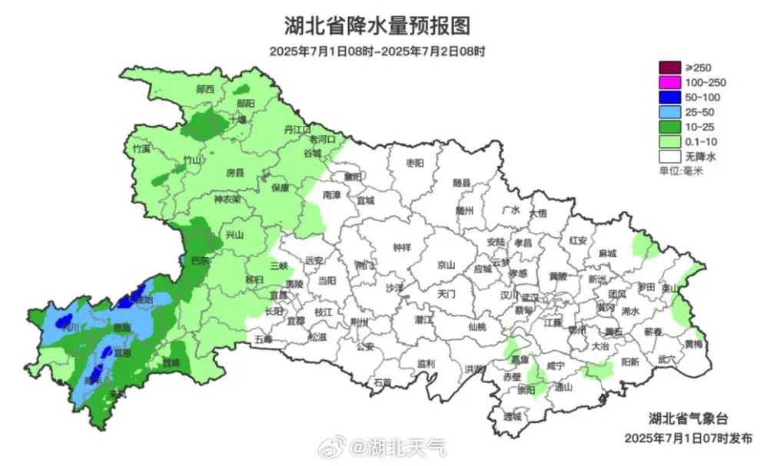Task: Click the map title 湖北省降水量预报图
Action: (377, 25)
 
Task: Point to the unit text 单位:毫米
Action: (681, 170)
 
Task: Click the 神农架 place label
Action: (227, 199)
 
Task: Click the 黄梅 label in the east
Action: (693, 344)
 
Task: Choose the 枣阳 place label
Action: (415, 163)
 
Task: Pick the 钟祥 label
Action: (402, 247)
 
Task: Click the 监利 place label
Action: (427, 363)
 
